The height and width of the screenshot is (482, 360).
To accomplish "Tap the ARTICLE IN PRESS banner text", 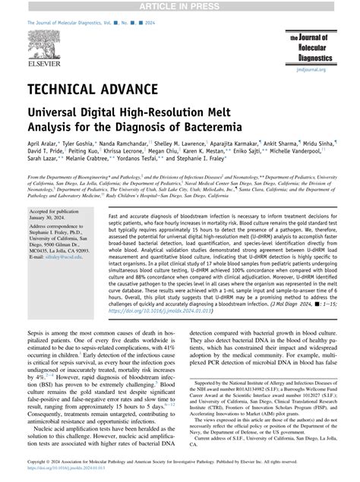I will click(180, 6).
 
